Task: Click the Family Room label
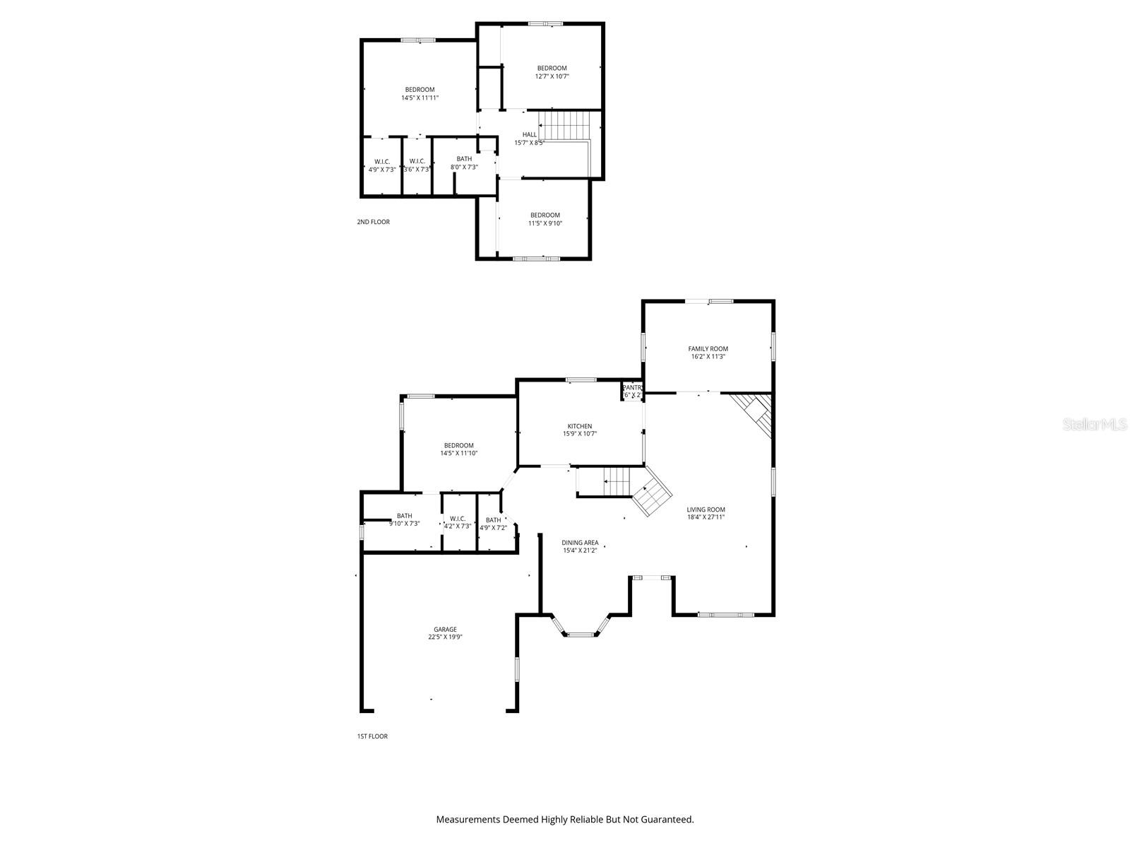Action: coord(708,348)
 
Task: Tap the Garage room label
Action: coord(445,630)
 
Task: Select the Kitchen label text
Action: coord(580,426)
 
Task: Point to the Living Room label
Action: coord(706,510)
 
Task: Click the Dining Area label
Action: coord(581,543)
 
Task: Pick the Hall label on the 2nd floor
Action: coord(530,134)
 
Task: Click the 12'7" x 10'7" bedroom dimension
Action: coord(552,76)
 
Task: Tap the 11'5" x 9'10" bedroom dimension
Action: coord(545,223)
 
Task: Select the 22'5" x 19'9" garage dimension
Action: coord(445,637)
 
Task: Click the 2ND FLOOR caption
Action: coord(373,222)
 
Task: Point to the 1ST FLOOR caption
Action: coord(371,736)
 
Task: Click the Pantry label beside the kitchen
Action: coord(632,387)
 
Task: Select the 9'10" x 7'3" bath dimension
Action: coord(404,524)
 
